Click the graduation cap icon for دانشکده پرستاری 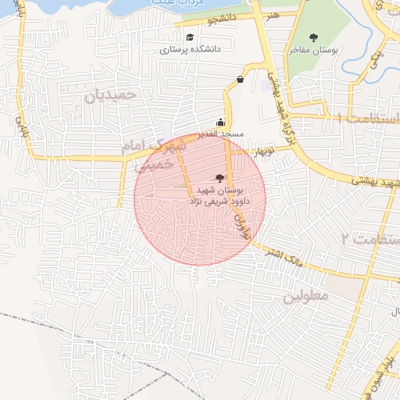[190, 37]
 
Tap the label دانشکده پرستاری [191, 48]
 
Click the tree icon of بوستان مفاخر [314, 37]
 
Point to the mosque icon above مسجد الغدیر [220, 122]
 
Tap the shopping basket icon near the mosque [239, 80]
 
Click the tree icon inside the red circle [218, 178]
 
